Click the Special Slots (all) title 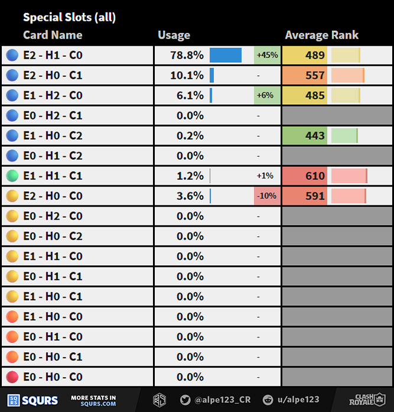tap(69, 17)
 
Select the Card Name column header tap(53, 35)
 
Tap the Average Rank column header tap(322, 35)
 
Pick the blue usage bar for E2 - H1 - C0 tap(226, 56)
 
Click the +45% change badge tap(267, 56)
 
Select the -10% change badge tap(267, 196)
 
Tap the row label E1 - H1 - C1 tap(53, 176)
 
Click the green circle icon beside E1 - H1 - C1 tap(12, 176)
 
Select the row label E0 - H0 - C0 tap(53, 377)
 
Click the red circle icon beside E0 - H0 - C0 tap(12, 377)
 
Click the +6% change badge tap(267, 95)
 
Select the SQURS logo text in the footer tap(40, 400)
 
